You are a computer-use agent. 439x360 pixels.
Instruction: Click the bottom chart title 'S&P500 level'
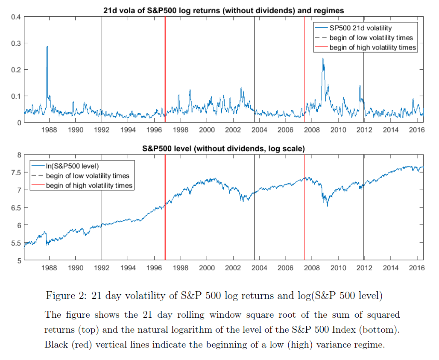(224, 149)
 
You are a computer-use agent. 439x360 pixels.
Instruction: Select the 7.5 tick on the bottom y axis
(16, 172)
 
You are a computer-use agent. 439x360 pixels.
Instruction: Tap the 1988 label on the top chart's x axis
(49, 129)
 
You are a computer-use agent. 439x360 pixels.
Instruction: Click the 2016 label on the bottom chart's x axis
(416, 268)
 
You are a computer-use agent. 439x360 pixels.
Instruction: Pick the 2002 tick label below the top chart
(233, 129)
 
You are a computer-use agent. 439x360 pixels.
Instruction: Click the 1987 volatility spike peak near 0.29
(47, 47)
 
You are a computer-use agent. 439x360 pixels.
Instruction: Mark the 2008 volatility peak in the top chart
(323, 59)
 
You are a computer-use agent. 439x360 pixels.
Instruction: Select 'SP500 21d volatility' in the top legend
(360, 29)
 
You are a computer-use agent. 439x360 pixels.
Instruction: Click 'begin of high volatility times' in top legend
(372, 47)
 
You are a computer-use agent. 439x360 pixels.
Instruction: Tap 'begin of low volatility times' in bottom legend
(88, 176)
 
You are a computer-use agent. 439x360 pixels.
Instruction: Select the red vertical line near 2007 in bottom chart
(304, 214)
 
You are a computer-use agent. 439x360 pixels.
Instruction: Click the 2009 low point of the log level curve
(328, 206)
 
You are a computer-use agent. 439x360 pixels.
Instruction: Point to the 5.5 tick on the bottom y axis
(16, 243)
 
